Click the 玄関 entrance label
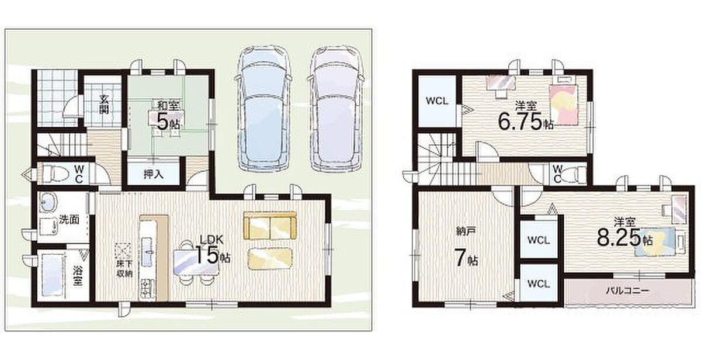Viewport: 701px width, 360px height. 104,104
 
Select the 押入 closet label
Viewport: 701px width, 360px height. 154,174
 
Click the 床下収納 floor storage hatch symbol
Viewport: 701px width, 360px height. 124,251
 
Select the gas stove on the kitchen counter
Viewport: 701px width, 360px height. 147,288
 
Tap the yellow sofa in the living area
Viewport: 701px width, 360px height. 270,226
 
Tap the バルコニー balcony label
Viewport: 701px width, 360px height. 627,291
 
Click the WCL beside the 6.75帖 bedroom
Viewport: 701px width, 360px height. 437,101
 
